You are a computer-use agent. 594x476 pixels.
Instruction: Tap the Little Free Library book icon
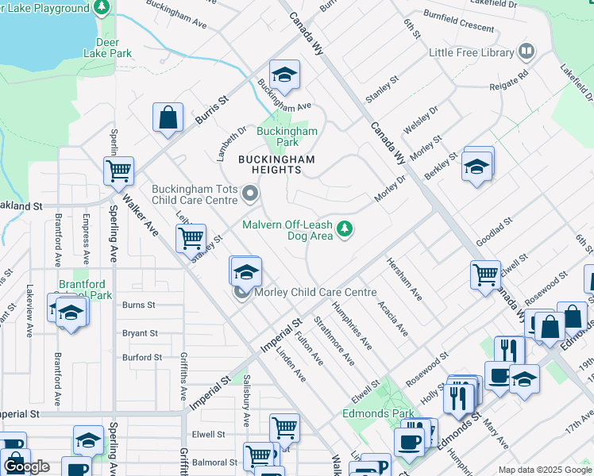click(x=526, y=52)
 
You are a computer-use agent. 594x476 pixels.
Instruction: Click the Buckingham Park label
click(x=287, y=136)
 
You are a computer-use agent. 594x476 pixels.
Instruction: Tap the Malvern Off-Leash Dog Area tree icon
click(x=344, y=229)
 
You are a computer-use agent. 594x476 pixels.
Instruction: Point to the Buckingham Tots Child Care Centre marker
click(x=251, y=194)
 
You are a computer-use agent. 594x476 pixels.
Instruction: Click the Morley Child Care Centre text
click(x=315, y=293)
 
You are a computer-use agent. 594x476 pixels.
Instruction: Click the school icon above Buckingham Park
click(x=283, y=75)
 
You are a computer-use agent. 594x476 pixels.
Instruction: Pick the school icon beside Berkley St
click(x=476, y=166)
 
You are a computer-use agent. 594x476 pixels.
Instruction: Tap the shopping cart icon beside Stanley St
click(x=191, y=237)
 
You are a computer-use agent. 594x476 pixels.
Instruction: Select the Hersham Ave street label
click(x=404, y=279)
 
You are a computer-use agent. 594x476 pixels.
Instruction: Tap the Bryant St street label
click(x=141, y=334)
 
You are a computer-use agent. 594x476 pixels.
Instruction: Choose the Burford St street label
click(x=142, y=358)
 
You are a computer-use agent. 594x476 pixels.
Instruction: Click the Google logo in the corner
click(x=27, y=466)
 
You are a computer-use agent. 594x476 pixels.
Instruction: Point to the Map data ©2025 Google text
click(x=544, y=470)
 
